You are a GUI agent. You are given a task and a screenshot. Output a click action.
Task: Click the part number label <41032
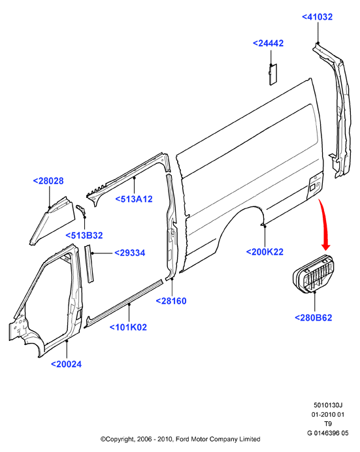pyautogui.click(x=317, y=17)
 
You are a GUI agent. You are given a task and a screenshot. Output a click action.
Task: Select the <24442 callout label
pyautogui.click(x=268, y=43)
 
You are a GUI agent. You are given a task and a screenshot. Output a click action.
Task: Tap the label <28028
pyautogui.click(x=48, y=181)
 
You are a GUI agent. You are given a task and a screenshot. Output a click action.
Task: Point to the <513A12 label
pyautogui.click(x=134, y=199)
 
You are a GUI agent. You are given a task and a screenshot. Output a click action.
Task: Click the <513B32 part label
pyautogui.click(x=84, y=236)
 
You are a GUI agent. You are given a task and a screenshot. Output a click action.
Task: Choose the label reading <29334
pyautogui.click(x=130, y=253)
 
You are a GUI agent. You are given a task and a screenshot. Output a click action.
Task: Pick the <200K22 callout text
pyautogui.click(x=265, y=252)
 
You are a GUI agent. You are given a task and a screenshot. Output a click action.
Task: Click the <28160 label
pyautogui.click(x=171, y=301)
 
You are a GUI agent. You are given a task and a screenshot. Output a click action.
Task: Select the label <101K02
pyautogui.click(x=128, y=327)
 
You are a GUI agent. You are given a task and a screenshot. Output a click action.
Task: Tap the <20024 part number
pyautogui.click(x=66, y=364)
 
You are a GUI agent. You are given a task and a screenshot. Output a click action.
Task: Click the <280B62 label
pyautogui.click(x=314, y=317)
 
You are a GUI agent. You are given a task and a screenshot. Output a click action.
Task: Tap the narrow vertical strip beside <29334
pyautogui.click(x=89, y=264)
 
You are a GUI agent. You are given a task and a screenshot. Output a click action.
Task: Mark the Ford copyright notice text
pyautogui.click(x=180, y=439)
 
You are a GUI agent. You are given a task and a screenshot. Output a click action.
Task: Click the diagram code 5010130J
pyautogui.click(x=328, y=406)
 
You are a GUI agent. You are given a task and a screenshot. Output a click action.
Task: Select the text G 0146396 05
pyautogui.click(x=328, y=433)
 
